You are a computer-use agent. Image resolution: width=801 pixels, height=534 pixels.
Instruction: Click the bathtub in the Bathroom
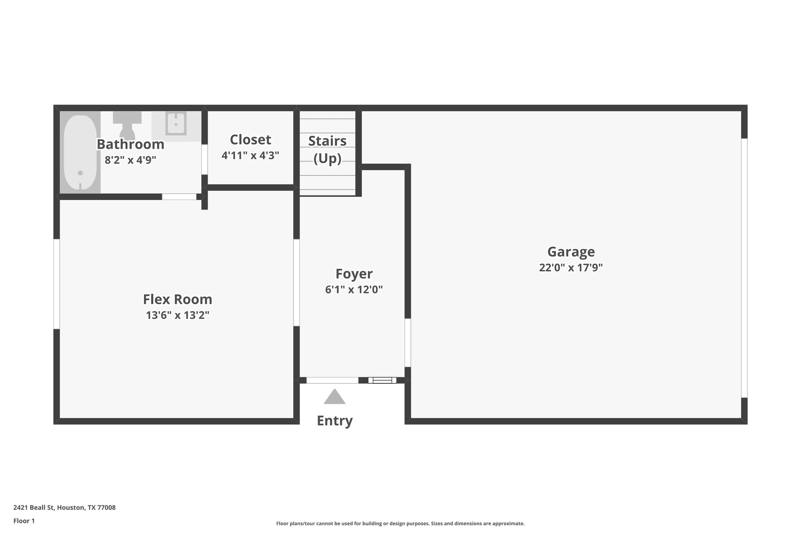coord(80,153)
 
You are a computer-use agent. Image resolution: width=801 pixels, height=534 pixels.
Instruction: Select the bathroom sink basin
coord(176,123)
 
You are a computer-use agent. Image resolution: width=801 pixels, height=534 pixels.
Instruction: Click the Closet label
coord(250,140)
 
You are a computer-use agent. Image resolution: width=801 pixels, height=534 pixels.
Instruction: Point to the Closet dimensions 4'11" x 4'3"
coord(250,156)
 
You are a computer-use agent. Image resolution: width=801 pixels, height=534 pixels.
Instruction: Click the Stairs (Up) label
coord(327,149)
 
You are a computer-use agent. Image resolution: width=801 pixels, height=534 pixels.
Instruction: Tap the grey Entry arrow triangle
coord(334,397)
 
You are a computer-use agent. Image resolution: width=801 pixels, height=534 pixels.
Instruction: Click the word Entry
coord(334,421)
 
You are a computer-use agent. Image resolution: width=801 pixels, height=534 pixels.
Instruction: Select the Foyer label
coord(354,274)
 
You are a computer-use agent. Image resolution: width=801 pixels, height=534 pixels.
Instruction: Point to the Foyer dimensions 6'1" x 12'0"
coord(354,290)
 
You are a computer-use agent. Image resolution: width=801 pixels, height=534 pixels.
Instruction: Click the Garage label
coord(571,252)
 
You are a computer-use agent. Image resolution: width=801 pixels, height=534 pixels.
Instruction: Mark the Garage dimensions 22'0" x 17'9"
coord(571,268)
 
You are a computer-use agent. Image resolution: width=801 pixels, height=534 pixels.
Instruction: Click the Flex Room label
coord(178,299)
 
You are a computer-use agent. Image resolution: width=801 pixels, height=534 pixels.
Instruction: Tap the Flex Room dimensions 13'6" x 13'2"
coord(178,315)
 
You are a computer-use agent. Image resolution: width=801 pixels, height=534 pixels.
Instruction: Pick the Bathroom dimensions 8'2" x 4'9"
coord(130,160)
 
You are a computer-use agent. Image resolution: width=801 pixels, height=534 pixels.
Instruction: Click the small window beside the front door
coord(382,380)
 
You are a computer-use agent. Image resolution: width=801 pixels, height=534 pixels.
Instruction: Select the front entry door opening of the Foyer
coord(332,380)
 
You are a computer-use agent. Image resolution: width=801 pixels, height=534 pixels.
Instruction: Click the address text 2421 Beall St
coord(65,508)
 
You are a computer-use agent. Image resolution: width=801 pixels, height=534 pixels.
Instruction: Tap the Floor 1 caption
coord(24,521)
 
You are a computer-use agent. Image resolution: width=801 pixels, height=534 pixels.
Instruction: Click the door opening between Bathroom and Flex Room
coord(179,197)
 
